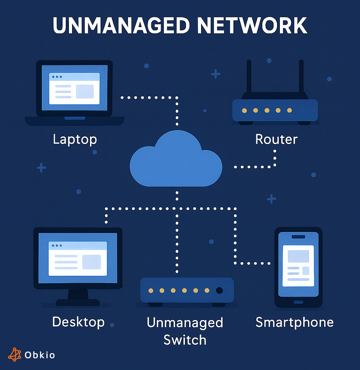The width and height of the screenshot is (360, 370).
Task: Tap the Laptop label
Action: [75, 139]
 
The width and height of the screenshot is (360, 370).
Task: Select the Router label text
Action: [276, 139]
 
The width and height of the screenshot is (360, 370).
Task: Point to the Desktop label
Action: [78, 322]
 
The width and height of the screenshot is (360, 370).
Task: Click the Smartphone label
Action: [294, 322]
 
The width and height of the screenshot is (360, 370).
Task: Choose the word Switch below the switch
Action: [185, 340]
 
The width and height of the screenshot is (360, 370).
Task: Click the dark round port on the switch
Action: [219, 291]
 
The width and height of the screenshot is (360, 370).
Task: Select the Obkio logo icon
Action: [15, 355]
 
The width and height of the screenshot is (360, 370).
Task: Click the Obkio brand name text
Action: [40, 355]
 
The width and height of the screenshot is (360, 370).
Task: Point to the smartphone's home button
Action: [298, 302]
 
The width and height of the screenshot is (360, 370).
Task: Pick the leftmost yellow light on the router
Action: [244, 110]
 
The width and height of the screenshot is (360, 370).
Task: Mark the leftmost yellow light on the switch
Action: [151, 291]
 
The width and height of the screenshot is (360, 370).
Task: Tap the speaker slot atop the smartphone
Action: [298, 237]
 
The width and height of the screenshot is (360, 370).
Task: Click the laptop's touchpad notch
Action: [75, 118]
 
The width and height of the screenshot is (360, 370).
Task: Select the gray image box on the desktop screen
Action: [91, 262]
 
